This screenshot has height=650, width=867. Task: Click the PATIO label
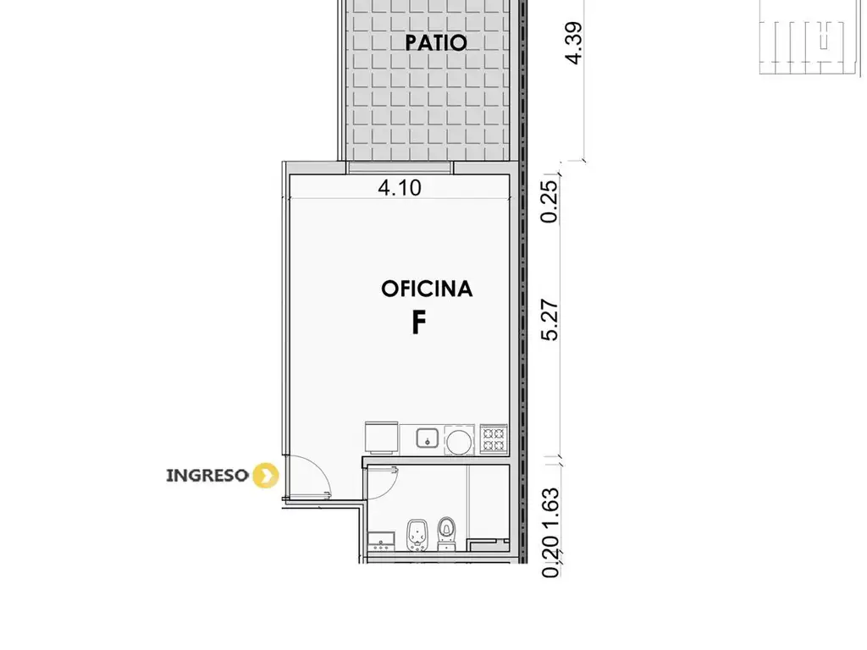coord(436,42)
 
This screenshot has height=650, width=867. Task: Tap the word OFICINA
coord(427,289)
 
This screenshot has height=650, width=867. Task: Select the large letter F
coord(418,322)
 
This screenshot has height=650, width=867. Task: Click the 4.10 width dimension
coord(400,188)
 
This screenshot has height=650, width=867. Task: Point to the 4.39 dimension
coord(573,43)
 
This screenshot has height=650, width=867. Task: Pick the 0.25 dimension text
coord(549,201)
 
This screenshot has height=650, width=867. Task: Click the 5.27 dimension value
coord(550,320)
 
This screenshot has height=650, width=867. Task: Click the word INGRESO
coord(207,476)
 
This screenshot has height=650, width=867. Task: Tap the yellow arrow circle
coord(265,476)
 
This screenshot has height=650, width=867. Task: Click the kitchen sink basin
coord(428,439)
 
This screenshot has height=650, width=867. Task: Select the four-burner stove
coord(494,439)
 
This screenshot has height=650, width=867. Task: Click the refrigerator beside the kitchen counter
coord(382,438)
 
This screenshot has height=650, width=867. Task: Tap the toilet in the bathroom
coord(445,534)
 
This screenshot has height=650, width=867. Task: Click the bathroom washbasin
coord(382,541)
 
